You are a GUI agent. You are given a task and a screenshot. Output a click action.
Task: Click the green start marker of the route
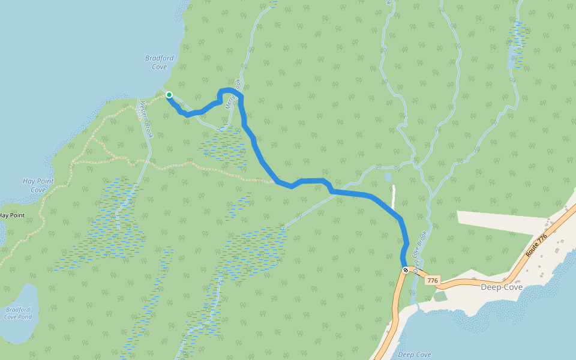pyautogui.click(x=169, y=95)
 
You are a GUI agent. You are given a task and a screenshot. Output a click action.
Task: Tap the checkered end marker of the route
pyautogui.click(x=406, y=270)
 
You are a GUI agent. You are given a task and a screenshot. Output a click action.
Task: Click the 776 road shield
pyautogui.click(x=433, y=280)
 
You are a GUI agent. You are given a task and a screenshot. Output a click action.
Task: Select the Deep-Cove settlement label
pyautogui.click(x=502, y=287)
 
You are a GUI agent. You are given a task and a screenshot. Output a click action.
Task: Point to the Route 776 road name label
pyautogui.click(x=536, y=246)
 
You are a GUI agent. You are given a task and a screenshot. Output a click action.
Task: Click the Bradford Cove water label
pyautogui.click(x=159, y=62)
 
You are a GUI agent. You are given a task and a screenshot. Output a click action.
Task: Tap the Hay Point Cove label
pyautogui.click(x=38, y=185)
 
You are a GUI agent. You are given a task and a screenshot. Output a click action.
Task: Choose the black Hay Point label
pyautogui.click(x=12, y=215)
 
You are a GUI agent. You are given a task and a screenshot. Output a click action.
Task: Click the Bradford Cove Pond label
pyautogui.click(x=18, y=313)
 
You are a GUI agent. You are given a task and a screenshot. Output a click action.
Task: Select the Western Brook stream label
pyautogui.click(x=146, y=118)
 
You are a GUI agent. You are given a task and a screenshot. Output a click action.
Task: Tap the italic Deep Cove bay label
pyautogui.click(x=415, y=355)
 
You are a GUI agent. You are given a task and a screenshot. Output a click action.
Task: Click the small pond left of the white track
pyautogui.click(x=388, y=177)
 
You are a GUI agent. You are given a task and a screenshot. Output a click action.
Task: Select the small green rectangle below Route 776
pyautogui.click(x=440, y=296)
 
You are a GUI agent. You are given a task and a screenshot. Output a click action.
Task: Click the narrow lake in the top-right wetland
pyautogui.click(x=511, y=57)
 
